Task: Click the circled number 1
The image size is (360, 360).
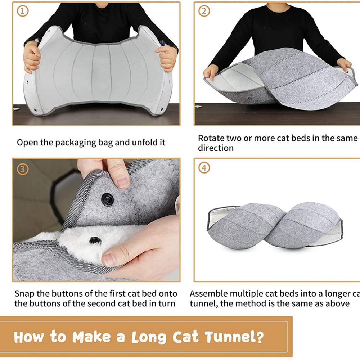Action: (x=23, y=11)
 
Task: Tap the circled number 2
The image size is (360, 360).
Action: (x=204, y=11)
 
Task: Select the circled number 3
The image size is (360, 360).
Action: (x=23, y=169)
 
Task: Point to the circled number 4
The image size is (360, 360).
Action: (x=204, y=168)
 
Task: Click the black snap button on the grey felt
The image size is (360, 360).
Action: (x=107, y=199)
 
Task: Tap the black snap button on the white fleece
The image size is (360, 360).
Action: (x=95, y=240)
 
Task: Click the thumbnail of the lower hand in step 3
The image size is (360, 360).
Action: (x=109, y=260)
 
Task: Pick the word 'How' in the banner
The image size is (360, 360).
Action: (x=29, y=337)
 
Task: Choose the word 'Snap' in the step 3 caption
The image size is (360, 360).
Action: (x=24, y=294)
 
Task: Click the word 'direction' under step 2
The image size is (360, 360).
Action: (x=216, y=148)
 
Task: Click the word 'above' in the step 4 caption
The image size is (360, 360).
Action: (x=338, y=303)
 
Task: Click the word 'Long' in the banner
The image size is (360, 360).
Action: (x=149, y=338)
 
